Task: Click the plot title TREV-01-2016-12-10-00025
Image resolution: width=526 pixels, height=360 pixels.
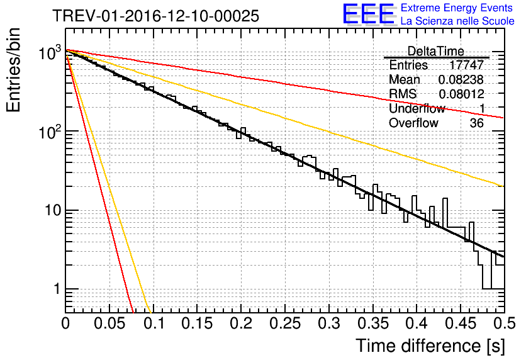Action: tap(155, 16)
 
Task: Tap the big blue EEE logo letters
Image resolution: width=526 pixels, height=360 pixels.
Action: tap(368, 15)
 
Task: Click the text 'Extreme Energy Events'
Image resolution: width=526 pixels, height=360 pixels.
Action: tap(457, 8)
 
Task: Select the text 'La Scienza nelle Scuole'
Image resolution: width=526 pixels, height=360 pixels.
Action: tap(457, 21)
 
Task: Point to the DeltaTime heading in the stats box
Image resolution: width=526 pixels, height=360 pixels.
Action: tap(435, 51)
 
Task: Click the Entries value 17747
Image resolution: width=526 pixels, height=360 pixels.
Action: tap(467, 65)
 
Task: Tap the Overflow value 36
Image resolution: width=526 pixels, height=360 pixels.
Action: tap(476, 123)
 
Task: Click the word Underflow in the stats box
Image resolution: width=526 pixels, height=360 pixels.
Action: tap(417, 109)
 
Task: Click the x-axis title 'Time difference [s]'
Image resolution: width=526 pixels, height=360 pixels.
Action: tap(431, 346)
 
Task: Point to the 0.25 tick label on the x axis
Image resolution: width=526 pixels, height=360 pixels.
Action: tap(284, 324)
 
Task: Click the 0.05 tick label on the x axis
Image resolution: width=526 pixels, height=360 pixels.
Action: tap(109, 324)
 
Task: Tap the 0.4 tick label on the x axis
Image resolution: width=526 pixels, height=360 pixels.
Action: tap(416, 324)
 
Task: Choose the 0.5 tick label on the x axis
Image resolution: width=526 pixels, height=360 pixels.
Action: tap(503, 324)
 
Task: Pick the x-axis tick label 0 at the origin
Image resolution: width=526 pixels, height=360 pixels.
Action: tap(65, 324)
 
